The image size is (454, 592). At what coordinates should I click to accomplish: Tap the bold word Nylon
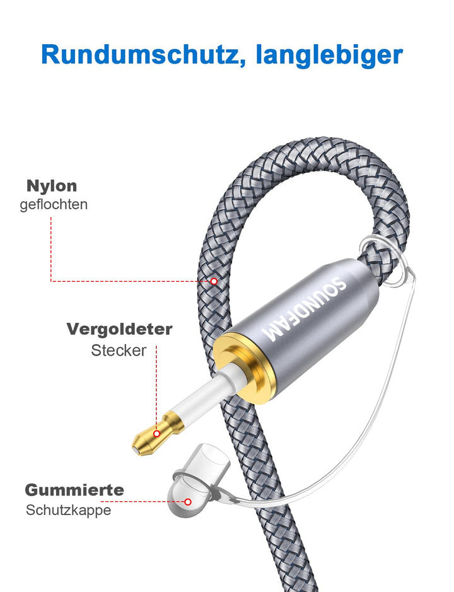[x=52, y=186]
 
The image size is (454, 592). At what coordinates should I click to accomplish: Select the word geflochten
[x=54, y=204]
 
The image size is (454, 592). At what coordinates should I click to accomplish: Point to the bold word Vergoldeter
[x=119, y=329]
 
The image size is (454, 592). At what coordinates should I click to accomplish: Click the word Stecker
[x=119, y=350]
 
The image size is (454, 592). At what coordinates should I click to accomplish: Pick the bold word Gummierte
[x=74, y=490]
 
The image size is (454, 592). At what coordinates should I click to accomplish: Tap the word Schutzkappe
[x=68, y=510]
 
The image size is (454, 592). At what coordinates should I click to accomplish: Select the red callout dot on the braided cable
[x=214, y=281]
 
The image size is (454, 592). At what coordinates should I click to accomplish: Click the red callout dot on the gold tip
[x=156, y=434]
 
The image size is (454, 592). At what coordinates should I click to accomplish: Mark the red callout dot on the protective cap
[x=188, y=502]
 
